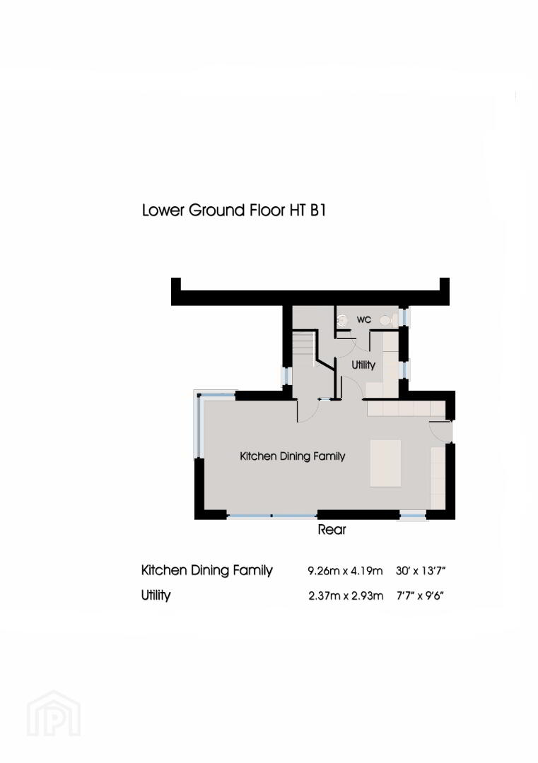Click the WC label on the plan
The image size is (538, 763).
(363, 320)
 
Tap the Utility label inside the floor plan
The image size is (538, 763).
(363, 365)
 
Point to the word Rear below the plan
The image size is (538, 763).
(332, 529)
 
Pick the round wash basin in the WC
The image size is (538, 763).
(342, 320)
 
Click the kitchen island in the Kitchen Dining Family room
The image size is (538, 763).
(385, 463)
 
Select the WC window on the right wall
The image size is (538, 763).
(405, 317)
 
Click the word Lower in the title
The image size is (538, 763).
(163, 211)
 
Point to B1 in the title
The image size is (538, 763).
(317, 211)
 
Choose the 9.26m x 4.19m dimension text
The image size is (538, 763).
(345, 571)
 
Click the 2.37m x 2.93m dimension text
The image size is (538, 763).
(346, 596)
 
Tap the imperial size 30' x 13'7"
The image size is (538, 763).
(421, 571)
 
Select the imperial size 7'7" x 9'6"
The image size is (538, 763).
(420, 596)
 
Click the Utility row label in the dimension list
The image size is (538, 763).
(156, 596)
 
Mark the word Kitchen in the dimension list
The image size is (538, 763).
(163, 570)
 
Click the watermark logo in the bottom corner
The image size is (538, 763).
(54, 714)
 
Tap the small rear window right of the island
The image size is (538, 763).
(413, 515)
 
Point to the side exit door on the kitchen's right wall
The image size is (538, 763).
(446, 432)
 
